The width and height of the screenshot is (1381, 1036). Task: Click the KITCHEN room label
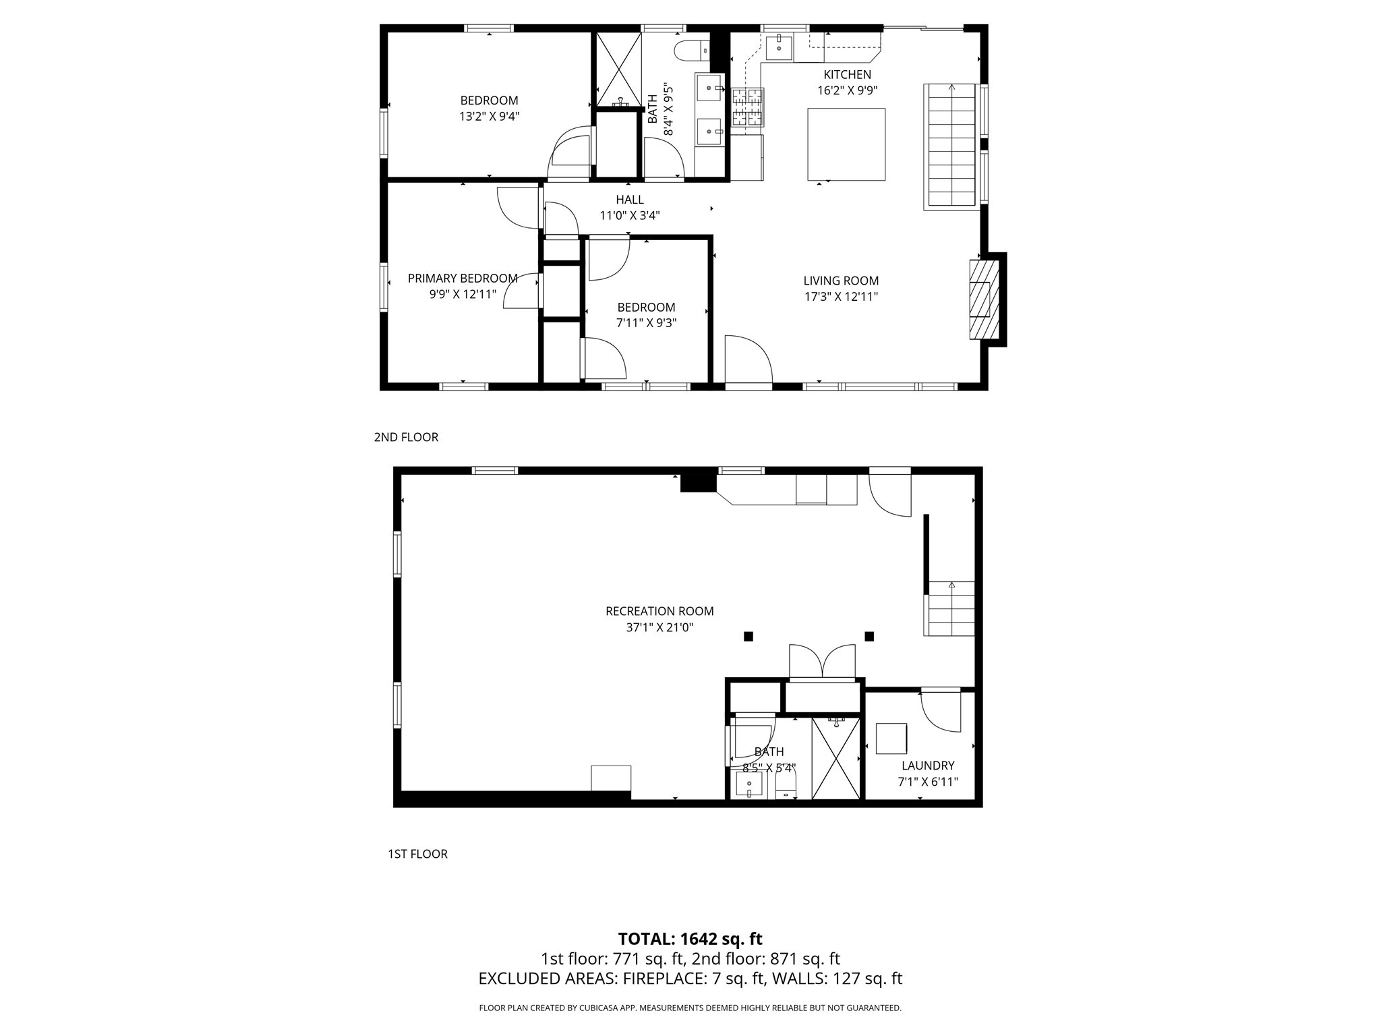point(847,74)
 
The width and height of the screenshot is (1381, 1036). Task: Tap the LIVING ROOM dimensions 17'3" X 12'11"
point(841,296)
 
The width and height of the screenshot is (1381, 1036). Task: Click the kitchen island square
point(846,144)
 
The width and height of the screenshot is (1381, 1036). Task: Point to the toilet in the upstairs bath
point(692,49)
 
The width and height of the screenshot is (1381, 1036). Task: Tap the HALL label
point(629,200)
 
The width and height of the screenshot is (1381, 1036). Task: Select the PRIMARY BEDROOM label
point(463,278)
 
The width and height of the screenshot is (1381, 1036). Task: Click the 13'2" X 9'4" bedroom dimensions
point(489,116)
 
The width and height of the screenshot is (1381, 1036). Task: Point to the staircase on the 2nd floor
point(951,146)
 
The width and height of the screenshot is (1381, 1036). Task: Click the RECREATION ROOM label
point(659,611)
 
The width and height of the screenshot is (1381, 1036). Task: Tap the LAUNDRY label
point(928,766)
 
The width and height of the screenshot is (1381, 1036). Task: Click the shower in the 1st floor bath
point(836,759)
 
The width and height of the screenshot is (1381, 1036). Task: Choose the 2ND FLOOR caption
point(406,437)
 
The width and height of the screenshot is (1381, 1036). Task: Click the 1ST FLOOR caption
point(417,854)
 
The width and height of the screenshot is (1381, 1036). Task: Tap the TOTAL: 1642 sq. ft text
point(690,939)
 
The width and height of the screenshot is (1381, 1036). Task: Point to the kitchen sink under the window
point(779,48)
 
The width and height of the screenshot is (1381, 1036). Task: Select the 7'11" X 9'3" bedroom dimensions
point(646,323)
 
